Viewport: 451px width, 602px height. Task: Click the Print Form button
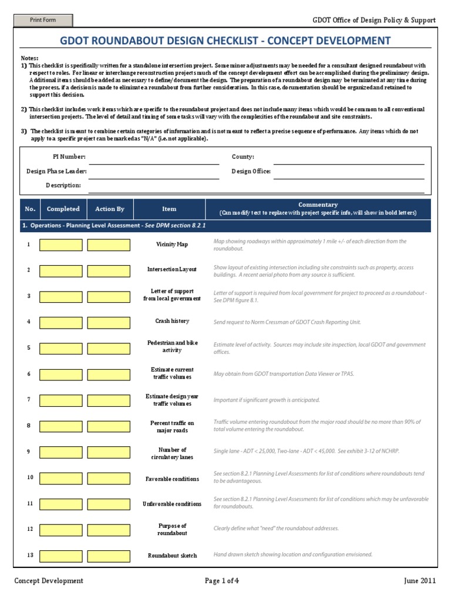tap(44, 21)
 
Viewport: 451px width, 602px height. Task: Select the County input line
tap(349, 158)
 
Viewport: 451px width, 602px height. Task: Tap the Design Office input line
tap(349, 172)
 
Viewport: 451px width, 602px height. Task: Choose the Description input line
tap(256, 186)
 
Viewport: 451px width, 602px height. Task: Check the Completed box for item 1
tap(61, 245)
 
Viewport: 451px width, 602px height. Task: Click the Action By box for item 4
tap(109, 322)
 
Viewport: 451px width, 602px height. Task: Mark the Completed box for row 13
tap(61, 556)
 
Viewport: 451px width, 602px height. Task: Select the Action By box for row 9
tap(109, 452)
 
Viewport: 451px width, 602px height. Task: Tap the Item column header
tap(169, 209)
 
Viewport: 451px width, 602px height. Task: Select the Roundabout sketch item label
tap(171, 556)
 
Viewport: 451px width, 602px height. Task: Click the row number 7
tap(28, 400)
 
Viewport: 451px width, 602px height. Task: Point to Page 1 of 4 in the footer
tap(222, 581)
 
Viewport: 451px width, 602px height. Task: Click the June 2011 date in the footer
tap(419, 581)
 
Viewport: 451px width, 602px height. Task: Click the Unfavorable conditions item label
tap(171, 504)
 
